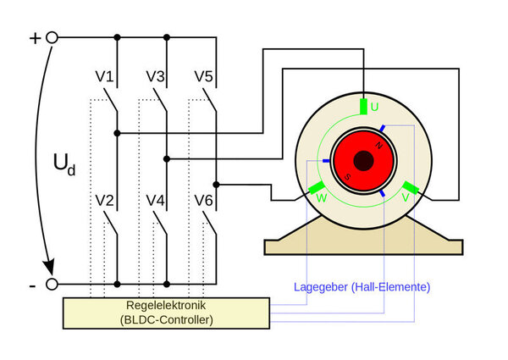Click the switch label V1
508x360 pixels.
click(104, 76)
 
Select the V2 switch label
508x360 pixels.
click(104, 201)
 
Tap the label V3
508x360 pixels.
click(155, 76)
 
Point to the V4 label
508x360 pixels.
click(155, 201)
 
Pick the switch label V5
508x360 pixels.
click(204, 76)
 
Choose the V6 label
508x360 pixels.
click(204, 201)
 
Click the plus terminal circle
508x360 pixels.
click(52, 37)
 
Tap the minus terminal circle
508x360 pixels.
click(52, 284)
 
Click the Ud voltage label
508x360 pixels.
click(64, 164)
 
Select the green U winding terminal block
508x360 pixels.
click(363, 107)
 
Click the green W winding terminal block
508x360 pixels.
click(317, 187)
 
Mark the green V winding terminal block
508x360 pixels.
click(411, 187)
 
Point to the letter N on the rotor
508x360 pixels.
click(378, 146)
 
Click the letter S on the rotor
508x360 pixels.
click(347, 177)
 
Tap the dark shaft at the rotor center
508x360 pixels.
click(363, 161)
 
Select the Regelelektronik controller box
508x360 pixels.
click(166, 313)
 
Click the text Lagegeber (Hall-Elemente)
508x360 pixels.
click(362, 287)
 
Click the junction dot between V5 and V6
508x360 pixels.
click(217, 185)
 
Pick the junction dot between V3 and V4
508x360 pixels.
click(167, 158)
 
